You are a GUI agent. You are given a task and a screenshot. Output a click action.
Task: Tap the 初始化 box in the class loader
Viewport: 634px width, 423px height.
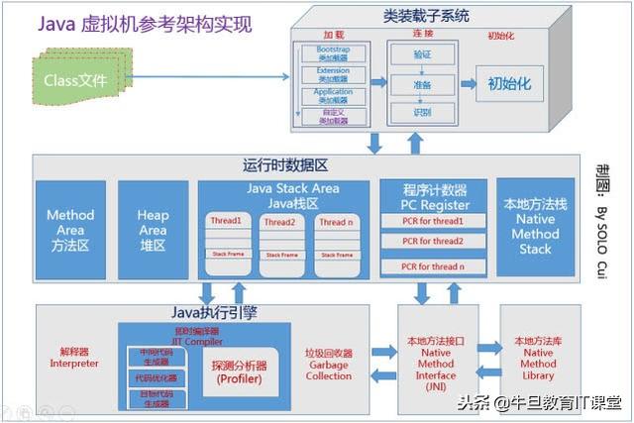pyautogui.click(x=509, y=83)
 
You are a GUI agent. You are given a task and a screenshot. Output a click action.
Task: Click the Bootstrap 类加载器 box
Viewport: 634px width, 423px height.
pyautogui.click(x=333, y=52)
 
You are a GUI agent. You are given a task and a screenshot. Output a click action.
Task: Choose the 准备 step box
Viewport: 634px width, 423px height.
pyautogui.click(x=422, y=84)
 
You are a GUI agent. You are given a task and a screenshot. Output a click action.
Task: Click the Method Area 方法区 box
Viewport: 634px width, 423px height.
pyautogui.click(x=70, y=230)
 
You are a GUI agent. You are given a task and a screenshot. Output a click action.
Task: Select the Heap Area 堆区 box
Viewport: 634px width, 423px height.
pyautogui.click(x=153, y=230)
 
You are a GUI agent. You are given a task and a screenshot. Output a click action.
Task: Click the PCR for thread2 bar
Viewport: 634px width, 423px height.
pyautogui.click(x=433, y=242)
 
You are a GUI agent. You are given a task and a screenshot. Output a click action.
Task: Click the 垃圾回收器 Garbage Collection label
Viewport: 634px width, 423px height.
pyautogui.click(x=328, y=364)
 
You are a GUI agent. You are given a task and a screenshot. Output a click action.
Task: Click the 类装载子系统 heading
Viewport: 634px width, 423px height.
pyautogui.click(x=425, y=17)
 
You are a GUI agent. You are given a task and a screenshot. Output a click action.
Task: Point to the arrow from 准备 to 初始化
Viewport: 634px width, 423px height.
pyautogui.click(x=467, y=84)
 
